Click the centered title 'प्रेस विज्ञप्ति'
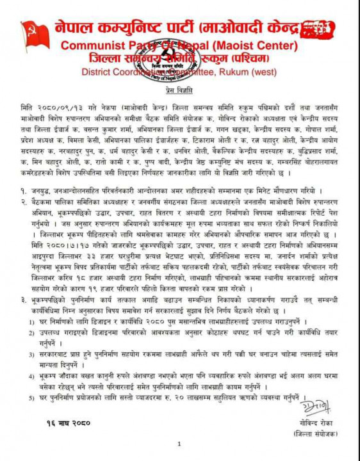point(180,93)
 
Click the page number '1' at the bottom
point(180,444)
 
